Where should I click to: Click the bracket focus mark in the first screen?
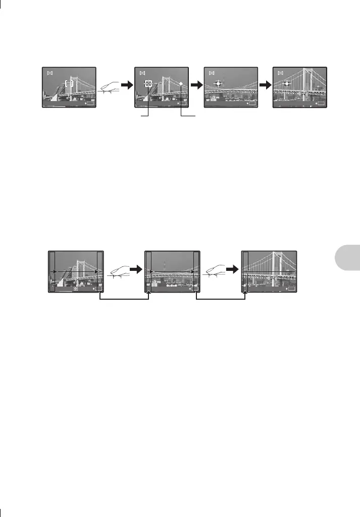tap(70, 84)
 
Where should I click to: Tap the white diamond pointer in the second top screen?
tap(181, 84)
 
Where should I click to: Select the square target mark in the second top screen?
tap(148, 83)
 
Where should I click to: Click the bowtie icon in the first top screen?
tap(50, 73)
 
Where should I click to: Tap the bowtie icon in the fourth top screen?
tap(281, 73)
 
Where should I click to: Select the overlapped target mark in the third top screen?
tap(218, 83)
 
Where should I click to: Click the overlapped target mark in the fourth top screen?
tap(286, 83)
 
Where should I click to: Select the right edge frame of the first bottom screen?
tap(99, 271)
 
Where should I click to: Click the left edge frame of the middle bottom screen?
tap(148, 271)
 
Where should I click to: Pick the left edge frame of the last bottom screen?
tap(245, 271)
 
